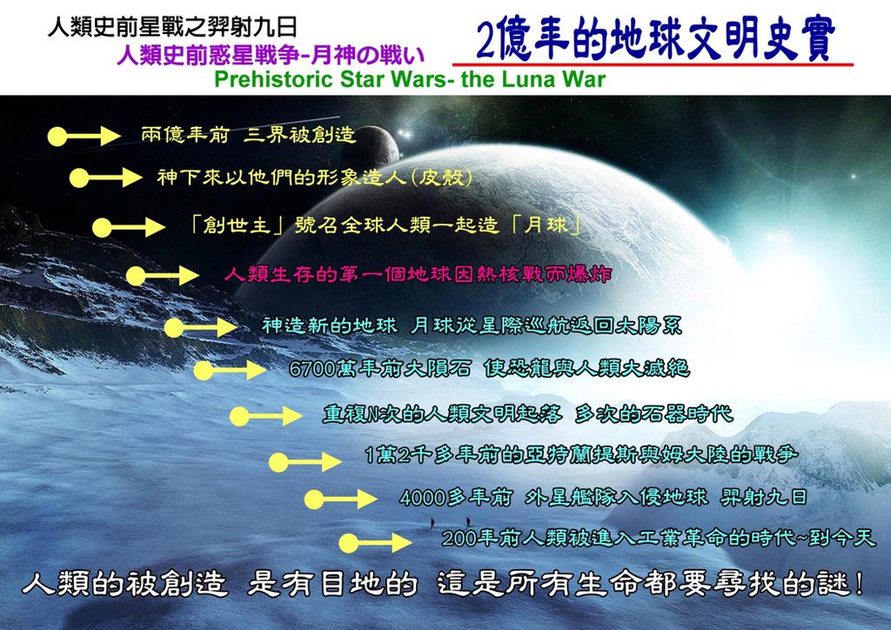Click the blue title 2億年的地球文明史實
coord(655,39)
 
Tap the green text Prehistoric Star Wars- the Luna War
coord(410,79)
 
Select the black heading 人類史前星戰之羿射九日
coord(172,27)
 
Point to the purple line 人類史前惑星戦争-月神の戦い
coord(271,55)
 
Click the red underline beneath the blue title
coord(653,64)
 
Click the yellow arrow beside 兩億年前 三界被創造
coord(84,137)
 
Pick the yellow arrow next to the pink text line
coord(163,276)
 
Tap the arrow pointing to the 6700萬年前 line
coord(230,371)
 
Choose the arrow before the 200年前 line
coord(376,543)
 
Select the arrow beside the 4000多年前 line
coord(340,499)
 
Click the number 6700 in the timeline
coord(312,369)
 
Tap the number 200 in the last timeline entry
coord(459,538)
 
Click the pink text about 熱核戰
coord(418,275)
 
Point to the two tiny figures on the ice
coord(450,521)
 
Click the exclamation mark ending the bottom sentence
coord(858,583)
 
